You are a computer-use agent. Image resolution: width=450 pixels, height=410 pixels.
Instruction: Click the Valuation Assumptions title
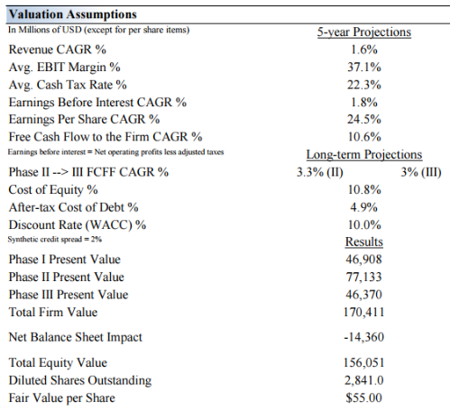73,14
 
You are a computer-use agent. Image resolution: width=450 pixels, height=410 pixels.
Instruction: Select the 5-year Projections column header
364,32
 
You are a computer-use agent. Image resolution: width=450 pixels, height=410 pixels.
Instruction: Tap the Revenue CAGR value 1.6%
364,50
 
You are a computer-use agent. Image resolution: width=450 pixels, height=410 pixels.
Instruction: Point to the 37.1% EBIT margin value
364,67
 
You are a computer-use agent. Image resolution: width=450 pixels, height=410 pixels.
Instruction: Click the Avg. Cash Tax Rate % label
68,85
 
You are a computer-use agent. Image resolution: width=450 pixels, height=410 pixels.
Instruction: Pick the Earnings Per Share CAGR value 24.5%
364,119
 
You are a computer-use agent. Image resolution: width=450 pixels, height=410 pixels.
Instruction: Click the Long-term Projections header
364,154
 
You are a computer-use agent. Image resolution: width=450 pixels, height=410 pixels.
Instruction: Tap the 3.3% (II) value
320,172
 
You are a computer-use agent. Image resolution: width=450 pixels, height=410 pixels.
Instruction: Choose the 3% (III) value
421,172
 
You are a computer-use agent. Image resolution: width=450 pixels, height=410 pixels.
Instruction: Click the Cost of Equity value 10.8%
364,189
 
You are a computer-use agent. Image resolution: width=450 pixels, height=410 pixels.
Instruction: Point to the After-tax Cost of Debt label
73,207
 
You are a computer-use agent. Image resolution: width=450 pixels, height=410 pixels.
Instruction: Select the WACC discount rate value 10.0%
364,224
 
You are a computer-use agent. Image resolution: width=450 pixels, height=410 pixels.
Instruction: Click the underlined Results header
364,241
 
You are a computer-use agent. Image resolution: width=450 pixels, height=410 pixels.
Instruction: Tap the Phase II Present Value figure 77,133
364,277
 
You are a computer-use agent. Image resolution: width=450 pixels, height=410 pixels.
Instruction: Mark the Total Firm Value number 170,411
364,312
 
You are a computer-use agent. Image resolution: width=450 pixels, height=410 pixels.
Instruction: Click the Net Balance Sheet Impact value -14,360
364,337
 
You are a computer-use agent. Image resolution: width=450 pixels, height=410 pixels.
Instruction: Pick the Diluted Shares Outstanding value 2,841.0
364,380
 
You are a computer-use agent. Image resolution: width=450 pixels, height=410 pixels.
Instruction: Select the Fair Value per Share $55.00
364,397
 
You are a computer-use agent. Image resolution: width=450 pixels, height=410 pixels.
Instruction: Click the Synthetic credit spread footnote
55,240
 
